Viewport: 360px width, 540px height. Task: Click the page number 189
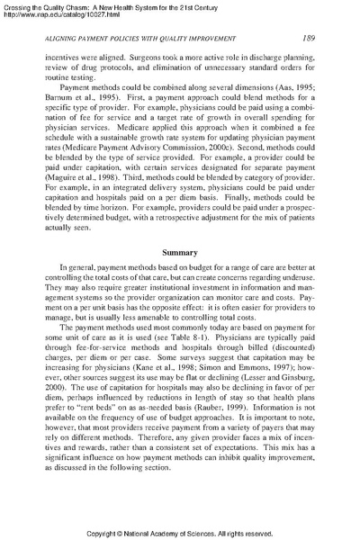308,37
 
